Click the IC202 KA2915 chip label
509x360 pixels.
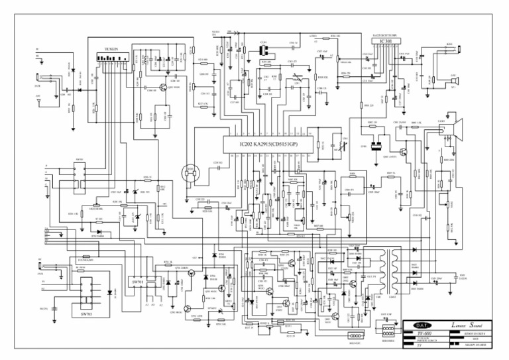[x=268, y=144]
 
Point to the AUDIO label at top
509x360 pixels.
[x=313, y=36]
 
